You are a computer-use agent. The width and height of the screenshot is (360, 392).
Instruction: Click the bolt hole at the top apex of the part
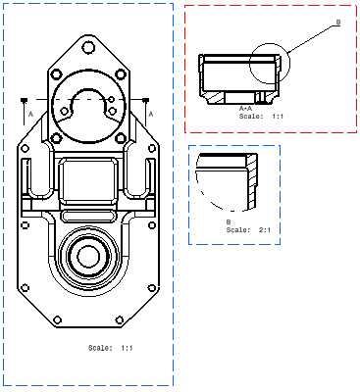(x=88, y=48)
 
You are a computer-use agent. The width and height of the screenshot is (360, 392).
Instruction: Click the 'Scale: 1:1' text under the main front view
(x=111, y=348)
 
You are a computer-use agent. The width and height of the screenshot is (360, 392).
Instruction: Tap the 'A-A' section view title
(x=245, y=109)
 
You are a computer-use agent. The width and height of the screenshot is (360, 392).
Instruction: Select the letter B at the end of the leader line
(x=338, y=23)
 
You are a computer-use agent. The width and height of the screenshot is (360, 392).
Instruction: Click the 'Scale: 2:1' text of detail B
(x=248, y=230)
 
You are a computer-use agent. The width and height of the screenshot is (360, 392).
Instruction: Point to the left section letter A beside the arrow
(x=31, y=115)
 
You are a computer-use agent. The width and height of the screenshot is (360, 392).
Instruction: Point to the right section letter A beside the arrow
(x=151, y=115)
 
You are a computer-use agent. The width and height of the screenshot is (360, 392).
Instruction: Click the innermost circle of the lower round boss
(x=88, y=257)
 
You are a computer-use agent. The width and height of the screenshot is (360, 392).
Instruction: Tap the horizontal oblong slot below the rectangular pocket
(x=88, y=216)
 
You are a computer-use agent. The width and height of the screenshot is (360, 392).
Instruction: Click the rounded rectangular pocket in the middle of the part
(x=88, y=180)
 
